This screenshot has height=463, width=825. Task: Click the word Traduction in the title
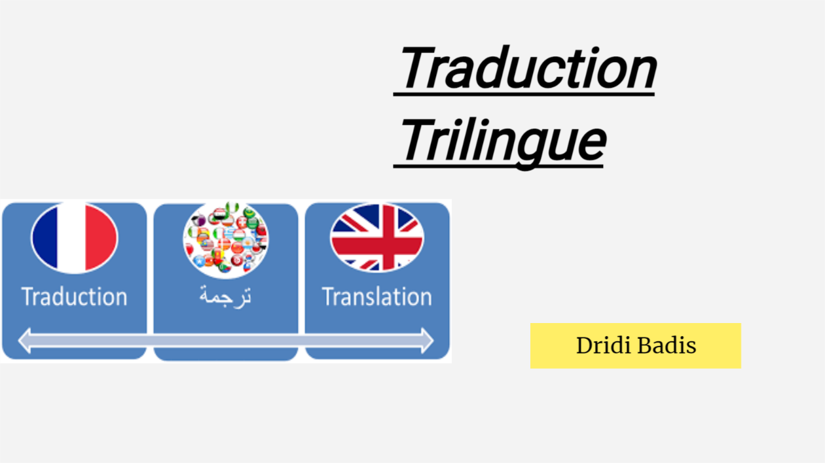click(527, 69)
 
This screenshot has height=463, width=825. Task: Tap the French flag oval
click(75, 238)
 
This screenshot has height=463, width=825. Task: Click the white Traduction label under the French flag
click(74, 297)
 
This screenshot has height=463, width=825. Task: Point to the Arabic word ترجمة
click(226, 296)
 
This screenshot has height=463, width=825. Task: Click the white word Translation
click(376, 297)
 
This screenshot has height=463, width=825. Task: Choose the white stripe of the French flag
click(74, 238)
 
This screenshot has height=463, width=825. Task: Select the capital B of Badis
click(642, 345)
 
